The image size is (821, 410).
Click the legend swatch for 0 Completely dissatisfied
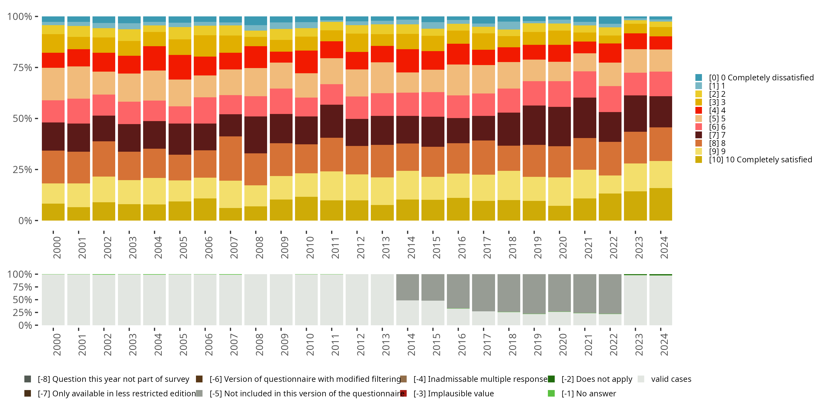point(698,78)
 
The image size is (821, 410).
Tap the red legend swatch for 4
point(698,110)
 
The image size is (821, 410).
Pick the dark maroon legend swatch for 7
point(698,135)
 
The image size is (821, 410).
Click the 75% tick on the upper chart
point(22,68)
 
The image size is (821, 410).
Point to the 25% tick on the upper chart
point(22,170)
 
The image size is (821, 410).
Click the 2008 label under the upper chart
point(259,247)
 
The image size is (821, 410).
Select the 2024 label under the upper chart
point(664,247)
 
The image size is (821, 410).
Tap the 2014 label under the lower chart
point(411,344)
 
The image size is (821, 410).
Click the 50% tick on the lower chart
point(22,300)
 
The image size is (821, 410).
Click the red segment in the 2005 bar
point(180,67)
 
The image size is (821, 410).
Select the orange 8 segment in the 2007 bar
point(230,159)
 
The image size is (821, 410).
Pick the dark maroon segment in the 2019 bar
point(534,125)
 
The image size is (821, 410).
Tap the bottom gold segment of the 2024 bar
point(661,204)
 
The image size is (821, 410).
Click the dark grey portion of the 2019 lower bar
point(534,294)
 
